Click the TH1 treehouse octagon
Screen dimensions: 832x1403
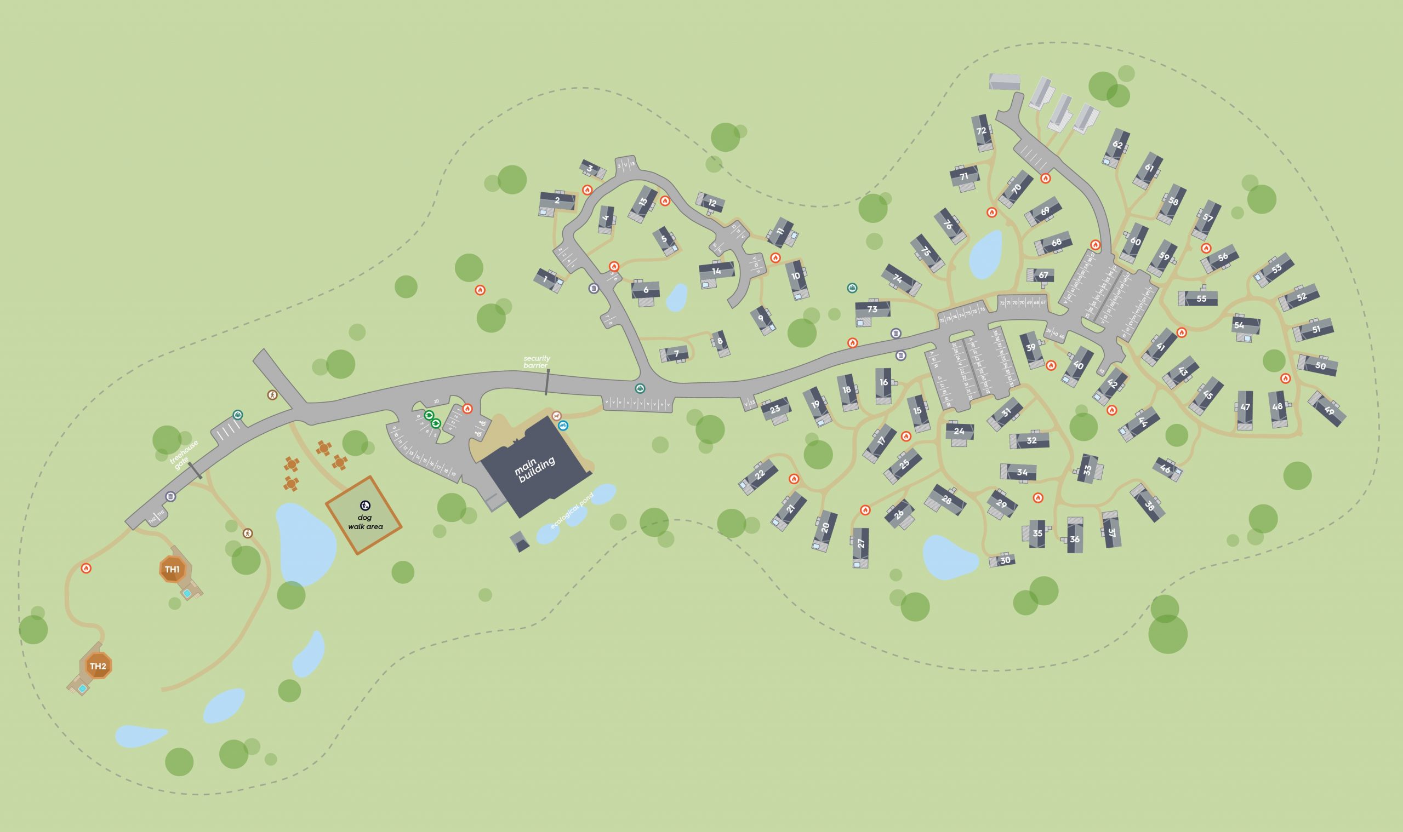pyautogui.click(x=172, y=570)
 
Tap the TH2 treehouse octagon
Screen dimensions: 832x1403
pyautogui.click(x=98, y=666)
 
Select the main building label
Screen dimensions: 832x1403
pyautogui.click(x=534, y=470)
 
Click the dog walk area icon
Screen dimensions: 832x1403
pyautogui.click(x=365, y=506)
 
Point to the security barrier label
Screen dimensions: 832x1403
pyautogui.click(x=537, y=362)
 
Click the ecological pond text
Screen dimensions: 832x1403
pyautogui.click(x=571, y=510)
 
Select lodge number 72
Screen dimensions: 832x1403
pyautogui.click(x=981, y=131)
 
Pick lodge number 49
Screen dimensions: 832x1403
pyautogui.click(x=1328, y=410)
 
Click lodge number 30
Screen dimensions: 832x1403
pyautogui.click(x=1005, y=560)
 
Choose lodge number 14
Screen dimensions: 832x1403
pyautogui.click(x=716, y=271)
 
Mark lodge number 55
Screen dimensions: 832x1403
pyautogui.click(x=1201, y=299)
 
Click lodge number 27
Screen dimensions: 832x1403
pyautogui.click(x=861, y=543)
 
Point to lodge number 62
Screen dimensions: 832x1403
pyautogui.click(x=1117, y=145)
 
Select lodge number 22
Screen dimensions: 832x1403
pyautogui.click(x=760, y=475)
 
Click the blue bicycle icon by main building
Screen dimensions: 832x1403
pyautogui.click(x=563, y=426)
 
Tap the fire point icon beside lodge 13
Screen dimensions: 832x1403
pyautogui.click(x=665, y=200)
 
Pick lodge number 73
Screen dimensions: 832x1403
pyautogui.click(x=872, y=309)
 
